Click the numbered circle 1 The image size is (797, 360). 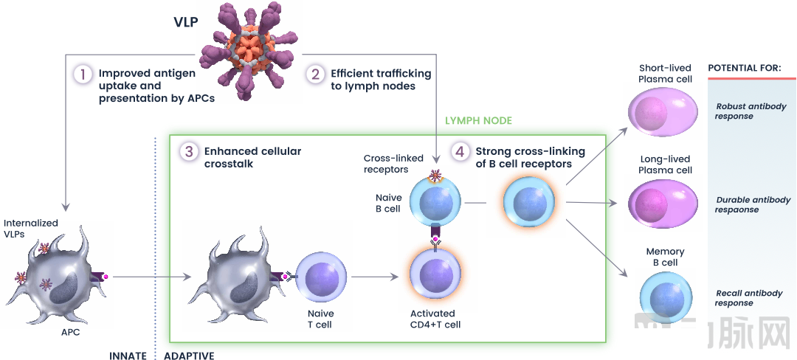(x=83, y=75)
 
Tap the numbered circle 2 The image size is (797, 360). (x=315, y=74)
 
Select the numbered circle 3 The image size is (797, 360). (x=189, y=152)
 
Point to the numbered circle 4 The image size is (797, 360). (x=460, y=152)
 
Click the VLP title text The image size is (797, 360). (x=185, y=22)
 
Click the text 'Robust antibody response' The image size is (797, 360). (x=751, y=111)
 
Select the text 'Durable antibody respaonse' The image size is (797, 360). (x=752, y=204)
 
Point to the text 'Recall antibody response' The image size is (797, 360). (x=748, y=298)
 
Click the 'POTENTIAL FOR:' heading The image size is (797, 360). (x=744, y=69)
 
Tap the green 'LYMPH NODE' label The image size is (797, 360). (x=478, y=120)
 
